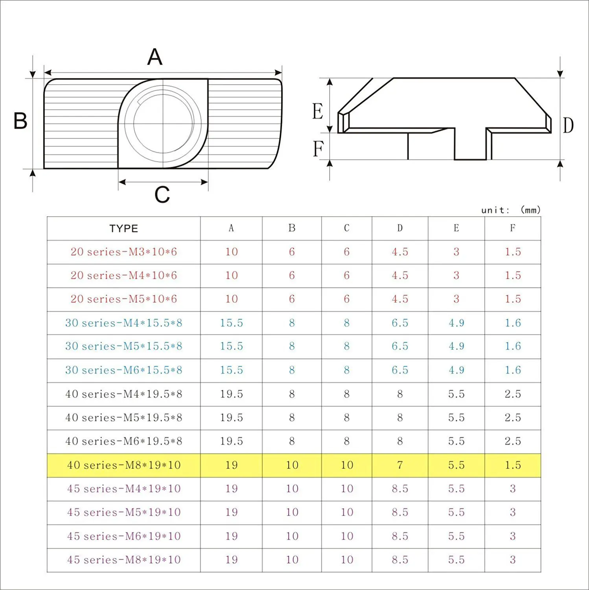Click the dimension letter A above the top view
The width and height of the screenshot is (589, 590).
155,57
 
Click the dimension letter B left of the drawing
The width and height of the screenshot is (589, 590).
20,121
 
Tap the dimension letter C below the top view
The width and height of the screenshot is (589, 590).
162,195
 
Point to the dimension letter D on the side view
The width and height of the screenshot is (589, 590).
568,125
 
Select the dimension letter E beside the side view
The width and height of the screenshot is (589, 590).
318,111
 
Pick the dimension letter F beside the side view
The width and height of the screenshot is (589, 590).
318,149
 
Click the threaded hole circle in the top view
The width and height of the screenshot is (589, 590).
163,123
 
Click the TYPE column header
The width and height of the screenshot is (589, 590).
124,229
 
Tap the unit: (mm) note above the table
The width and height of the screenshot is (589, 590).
511,210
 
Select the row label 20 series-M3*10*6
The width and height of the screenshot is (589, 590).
124,252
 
